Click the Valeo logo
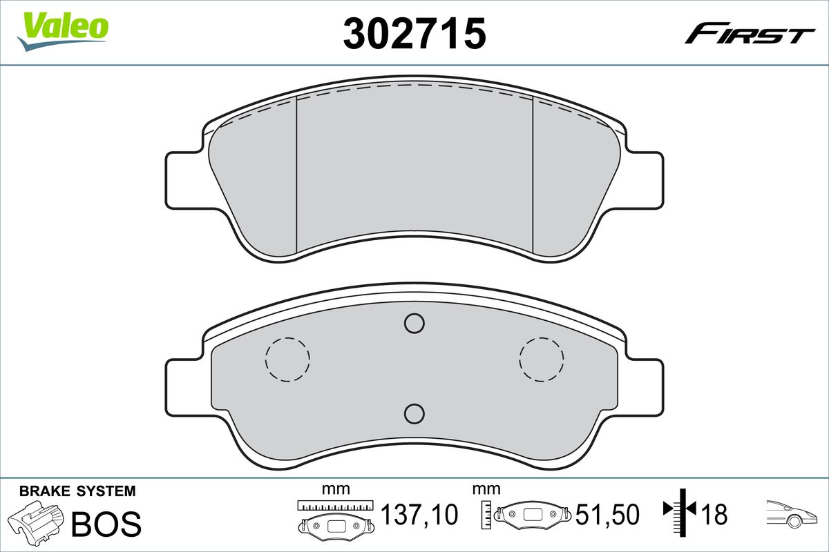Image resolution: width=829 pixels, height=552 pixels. (63, 31)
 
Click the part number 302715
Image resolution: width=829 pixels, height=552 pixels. (414, 33)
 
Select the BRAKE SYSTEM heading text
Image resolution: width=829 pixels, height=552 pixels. (77, 491)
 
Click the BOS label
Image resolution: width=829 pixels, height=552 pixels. (106, 524)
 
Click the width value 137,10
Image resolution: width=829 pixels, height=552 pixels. (419, 514)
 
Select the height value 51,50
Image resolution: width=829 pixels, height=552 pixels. (607, 514)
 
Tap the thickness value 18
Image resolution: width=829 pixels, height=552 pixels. (714, 514)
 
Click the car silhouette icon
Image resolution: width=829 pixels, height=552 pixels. (791, 514)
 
